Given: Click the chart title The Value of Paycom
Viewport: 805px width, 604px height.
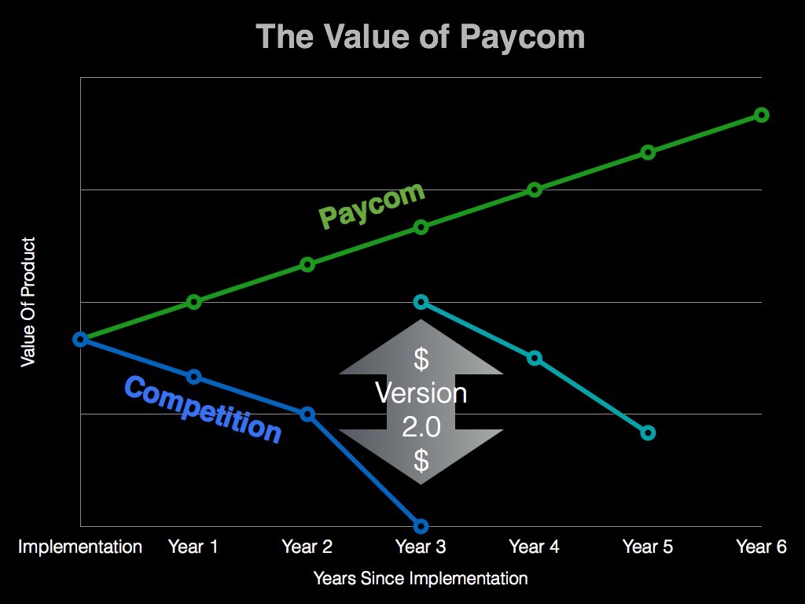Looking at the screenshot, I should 421,37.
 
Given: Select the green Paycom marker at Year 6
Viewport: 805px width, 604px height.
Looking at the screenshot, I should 761,115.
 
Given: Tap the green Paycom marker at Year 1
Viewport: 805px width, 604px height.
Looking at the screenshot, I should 194,301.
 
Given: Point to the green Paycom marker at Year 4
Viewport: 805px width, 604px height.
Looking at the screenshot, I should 535,190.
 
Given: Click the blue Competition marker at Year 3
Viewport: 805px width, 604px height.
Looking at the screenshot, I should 421,525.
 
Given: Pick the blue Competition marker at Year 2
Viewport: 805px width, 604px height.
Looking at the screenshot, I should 307,414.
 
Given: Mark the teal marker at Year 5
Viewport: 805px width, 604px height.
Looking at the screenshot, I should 648,433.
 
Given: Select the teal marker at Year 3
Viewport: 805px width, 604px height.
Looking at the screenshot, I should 421,302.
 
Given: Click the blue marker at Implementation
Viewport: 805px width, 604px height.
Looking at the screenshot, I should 80,339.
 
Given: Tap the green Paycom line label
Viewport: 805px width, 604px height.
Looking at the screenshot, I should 372,205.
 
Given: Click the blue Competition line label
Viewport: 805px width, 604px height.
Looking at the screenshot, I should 203,409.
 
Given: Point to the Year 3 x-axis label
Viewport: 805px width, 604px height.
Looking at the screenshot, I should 421,547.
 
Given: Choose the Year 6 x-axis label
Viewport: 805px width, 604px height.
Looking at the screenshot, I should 761,547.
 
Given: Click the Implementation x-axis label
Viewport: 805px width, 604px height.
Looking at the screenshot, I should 80,547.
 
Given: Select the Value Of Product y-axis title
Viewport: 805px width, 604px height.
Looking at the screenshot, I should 28,302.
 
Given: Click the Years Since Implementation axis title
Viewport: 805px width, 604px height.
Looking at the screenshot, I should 421,579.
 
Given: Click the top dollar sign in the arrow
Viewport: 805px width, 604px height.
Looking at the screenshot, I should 421,359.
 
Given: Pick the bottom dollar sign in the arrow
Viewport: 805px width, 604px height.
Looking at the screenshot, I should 421,460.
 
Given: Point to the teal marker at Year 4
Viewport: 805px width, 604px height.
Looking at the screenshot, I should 535,358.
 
